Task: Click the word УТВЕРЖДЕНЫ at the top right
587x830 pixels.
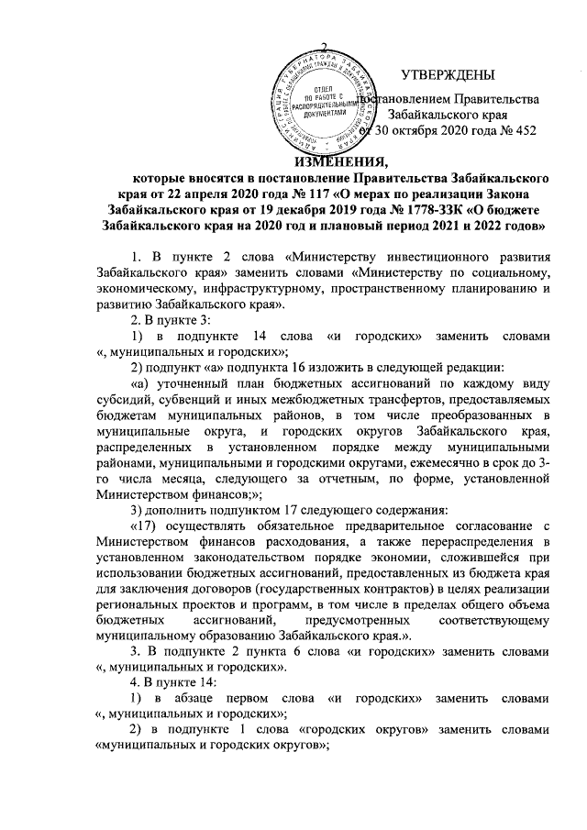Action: click(x=448, y=74)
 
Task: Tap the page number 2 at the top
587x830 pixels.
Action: click(x=324, y=48)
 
